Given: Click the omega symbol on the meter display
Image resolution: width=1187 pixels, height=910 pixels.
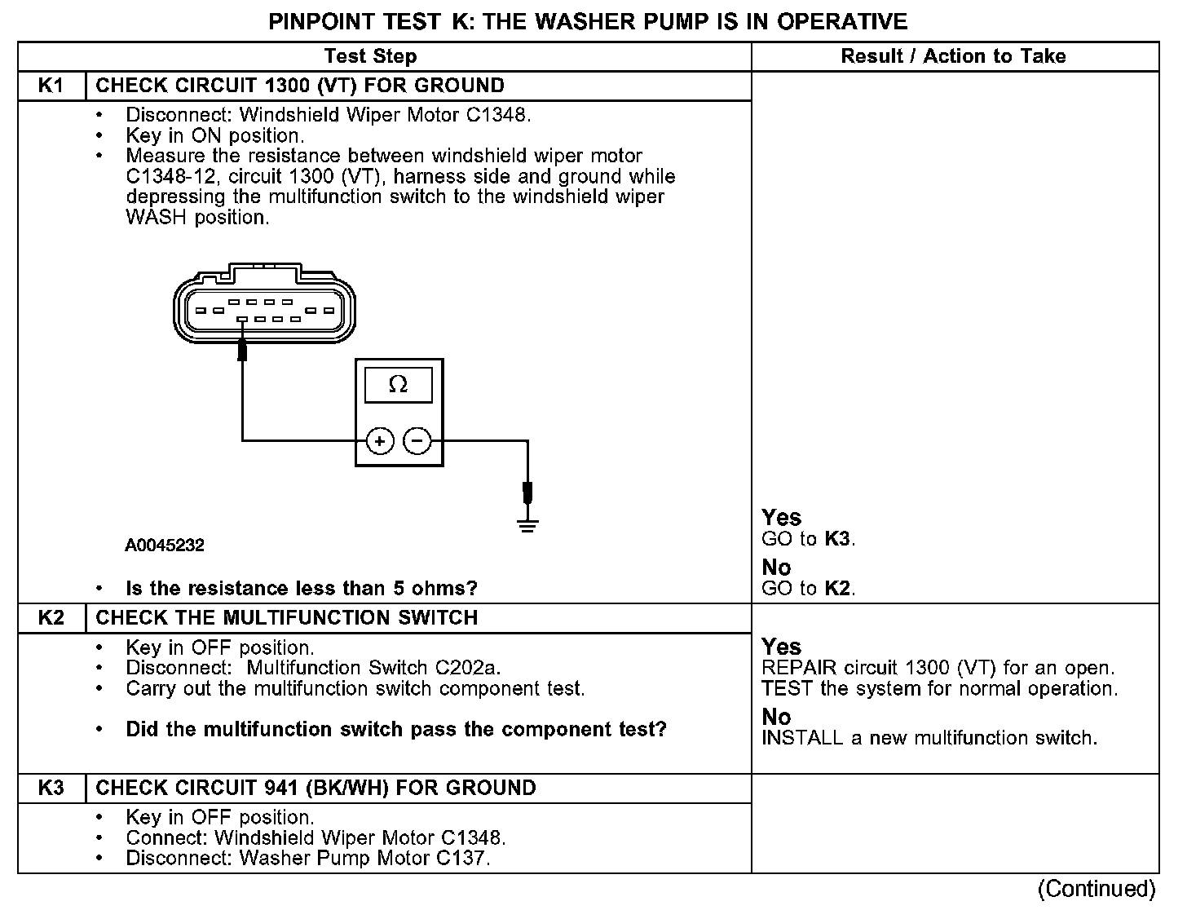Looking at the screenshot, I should tap(399, 384).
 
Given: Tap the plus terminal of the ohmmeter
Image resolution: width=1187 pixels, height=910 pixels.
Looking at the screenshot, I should tap(379, 441).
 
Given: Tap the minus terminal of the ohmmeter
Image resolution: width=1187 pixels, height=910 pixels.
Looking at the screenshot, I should tap(417, 441).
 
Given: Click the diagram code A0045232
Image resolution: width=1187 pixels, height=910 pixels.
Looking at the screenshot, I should tap(165, 546).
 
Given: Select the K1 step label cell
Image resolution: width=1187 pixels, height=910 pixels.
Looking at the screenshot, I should tap(51, 86).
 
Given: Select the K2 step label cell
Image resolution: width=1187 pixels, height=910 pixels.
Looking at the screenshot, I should tap(51, 617).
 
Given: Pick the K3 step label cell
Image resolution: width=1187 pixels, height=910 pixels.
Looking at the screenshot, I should tap(51, 788).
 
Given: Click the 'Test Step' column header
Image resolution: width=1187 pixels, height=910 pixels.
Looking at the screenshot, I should tap(370, 56).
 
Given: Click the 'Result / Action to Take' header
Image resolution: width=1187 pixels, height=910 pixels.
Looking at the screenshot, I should tap(953, 56).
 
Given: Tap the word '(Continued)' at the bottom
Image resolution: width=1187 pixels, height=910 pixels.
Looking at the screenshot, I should tap(1097, 888).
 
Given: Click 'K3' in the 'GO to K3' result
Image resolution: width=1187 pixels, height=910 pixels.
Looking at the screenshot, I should tap(838, 539).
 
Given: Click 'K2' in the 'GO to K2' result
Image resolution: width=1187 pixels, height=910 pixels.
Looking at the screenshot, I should tap(838, 588).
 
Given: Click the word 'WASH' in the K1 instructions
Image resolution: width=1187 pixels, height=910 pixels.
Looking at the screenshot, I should tap(157, 218).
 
